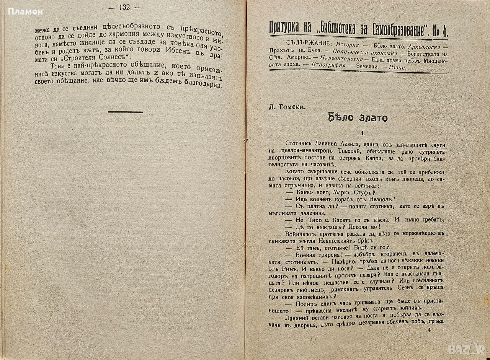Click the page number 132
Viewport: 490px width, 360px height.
(124, 8)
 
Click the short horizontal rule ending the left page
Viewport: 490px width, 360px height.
(125, 112)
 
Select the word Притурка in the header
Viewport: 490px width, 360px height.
(288, 28)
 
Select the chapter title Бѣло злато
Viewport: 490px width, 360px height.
(358, 118)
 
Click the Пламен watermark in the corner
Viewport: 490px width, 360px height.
(25, 12)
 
